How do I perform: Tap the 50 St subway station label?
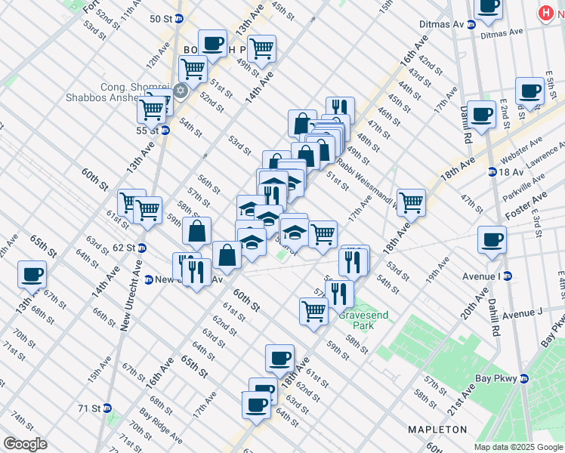pyautogui.click(x=161, y=19)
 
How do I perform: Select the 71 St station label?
pyautogui.click(x=89, y=408)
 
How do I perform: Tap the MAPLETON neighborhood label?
pyautogui.click(x=437, y=429)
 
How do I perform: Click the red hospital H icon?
pyautogui.click(x=545, y=13)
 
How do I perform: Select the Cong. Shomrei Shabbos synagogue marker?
pyautogui.click(x=181, y=91)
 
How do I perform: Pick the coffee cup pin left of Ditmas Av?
pyautogui.click(x=488, y=6)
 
